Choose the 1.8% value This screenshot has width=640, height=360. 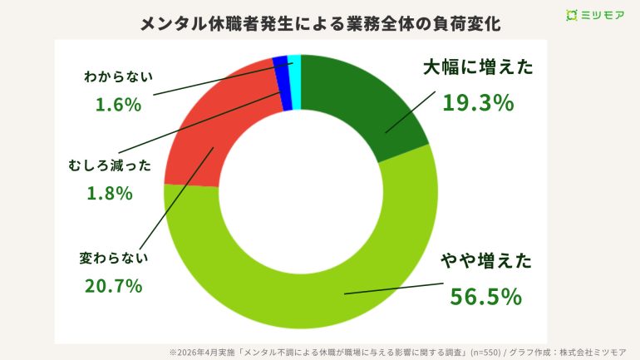[x=109, y=193]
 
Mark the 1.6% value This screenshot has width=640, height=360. [x=115, y=105]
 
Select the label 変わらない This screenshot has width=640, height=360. [x=114, y=257]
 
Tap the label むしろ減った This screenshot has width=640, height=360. [x=110, y=165]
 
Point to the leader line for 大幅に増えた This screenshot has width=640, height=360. [x=411, y=112]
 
